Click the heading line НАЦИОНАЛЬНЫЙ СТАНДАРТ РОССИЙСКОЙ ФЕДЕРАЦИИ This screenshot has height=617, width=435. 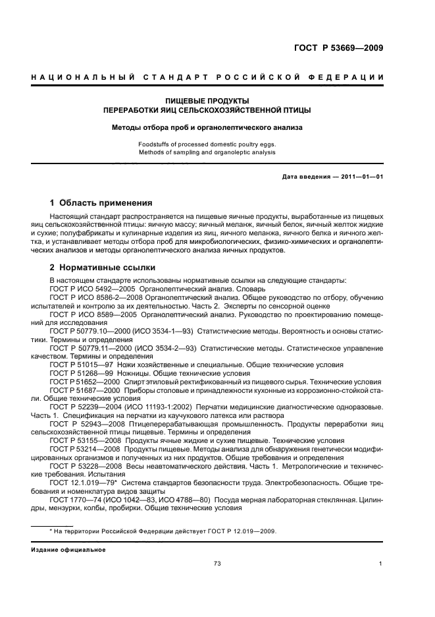(207, 78)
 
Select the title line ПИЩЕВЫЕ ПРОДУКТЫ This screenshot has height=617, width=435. (207, 101)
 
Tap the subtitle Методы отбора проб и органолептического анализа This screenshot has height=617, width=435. (207, 127)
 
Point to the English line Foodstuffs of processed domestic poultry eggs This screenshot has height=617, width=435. (207, 144)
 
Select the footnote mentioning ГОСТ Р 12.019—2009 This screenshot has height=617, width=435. (164, 531)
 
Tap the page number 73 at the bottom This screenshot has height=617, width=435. (217, 564)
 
